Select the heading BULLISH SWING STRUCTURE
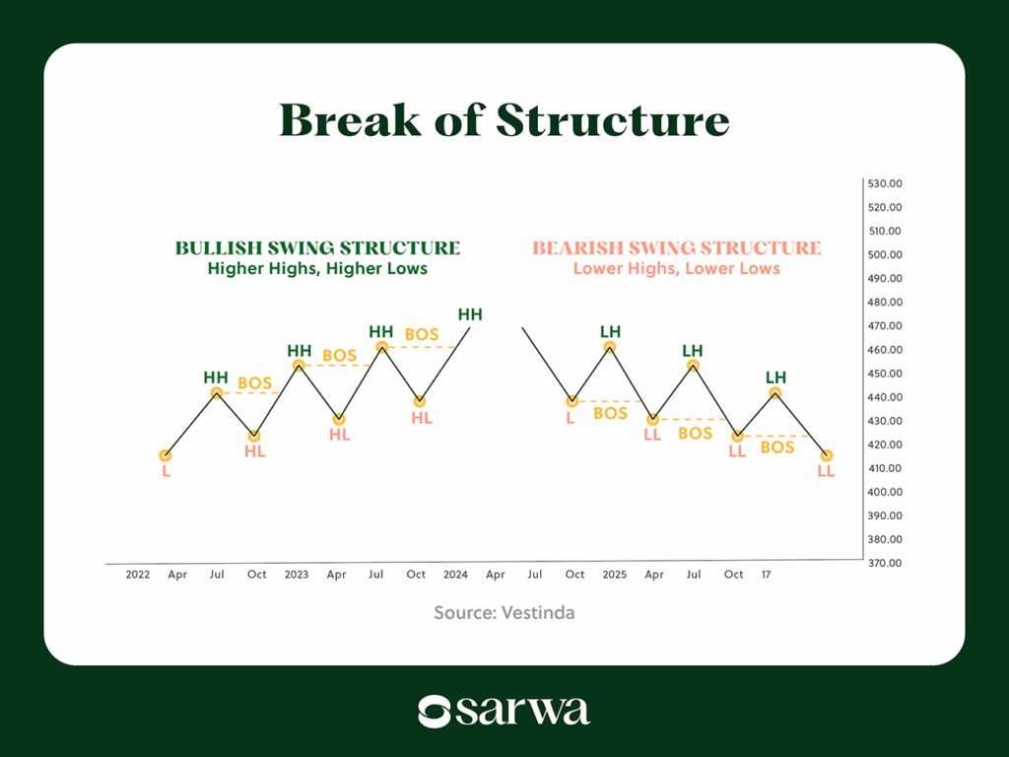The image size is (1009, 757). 317,248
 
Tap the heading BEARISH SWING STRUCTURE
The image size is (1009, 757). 676,248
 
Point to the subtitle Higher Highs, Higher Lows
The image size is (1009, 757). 317,268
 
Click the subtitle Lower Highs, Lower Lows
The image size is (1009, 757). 676,268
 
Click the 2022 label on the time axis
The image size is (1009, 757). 138,574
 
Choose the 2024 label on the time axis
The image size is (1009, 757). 455,574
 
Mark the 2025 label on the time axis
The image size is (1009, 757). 614,574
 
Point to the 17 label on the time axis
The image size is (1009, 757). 766,574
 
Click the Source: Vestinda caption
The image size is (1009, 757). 504,613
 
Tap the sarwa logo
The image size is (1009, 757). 504,711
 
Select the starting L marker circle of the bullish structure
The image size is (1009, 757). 166,455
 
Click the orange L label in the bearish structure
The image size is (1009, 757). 570,419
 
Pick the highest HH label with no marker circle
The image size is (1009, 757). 470,314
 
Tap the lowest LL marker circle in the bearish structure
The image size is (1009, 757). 826,455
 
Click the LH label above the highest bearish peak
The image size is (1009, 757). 610,331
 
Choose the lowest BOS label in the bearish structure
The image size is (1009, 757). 776,447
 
